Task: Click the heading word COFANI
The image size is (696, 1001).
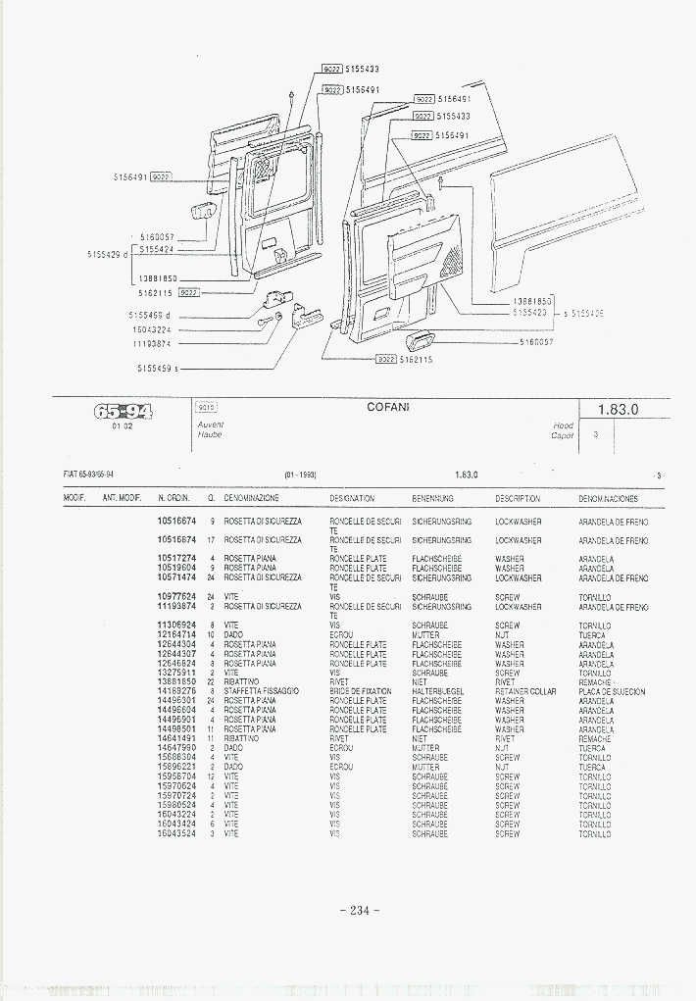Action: pyautogui.click(x=388, y=406)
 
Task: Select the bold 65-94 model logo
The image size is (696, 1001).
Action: pyautogui.click(x=123, y=411)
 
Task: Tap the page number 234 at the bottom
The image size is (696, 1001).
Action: pyautogui.click(x=359, y=910)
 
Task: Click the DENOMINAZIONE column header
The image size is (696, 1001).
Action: pyautogui.click(x=251, y=499)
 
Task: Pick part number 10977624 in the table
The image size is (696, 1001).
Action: pyautogui.click(x=176, y=597)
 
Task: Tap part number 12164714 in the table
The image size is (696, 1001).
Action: pyautogui.click(x=176, y=635)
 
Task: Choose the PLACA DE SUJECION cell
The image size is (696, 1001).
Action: pyautogui.click(x=612, y=692)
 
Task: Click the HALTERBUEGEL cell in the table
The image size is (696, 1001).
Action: pyautogui.click(x=437, y=692)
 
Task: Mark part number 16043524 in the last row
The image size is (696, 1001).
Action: pyautogui.click(x=176, y=833)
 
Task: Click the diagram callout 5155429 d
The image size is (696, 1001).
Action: pyautogui.click(x=108, y=254)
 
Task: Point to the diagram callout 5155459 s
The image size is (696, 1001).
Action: pyautogui.click(x=157, y=369)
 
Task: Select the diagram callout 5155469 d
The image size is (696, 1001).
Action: pyautogui.click(x=149, y=315)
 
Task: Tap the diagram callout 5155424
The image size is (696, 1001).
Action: pyautogui.click(x=156, y=249)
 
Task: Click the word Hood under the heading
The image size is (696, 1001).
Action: pyautogui.click(x=563, y=425)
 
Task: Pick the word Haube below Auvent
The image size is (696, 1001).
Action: pyautogui.click(x=210, y=434)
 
